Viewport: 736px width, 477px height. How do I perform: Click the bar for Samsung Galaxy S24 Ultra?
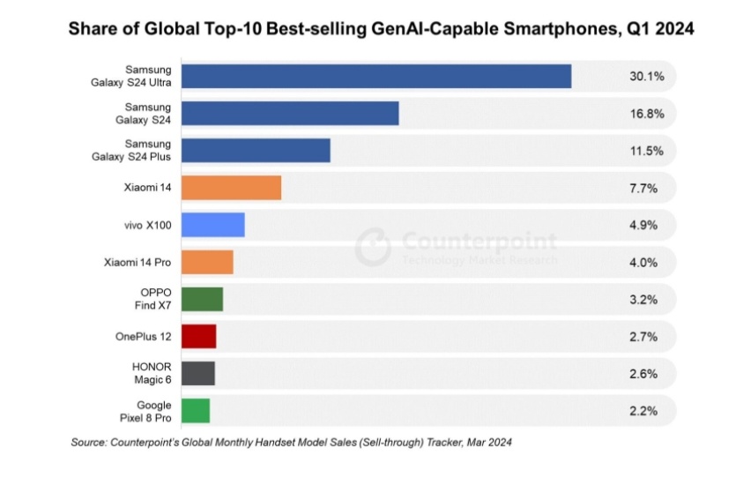375,77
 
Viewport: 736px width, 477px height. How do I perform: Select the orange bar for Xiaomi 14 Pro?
207,262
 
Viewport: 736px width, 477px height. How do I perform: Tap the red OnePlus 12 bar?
198,336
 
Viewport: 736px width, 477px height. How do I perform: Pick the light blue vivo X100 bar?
212,225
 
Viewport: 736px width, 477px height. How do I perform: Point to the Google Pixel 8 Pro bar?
196,410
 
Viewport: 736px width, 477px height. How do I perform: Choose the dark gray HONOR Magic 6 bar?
197,373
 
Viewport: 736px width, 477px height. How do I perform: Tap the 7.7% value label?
644,188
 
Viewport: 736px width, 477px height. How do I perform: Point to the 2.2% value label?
644,410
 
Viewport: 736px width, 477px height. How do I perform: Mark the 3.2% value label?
644,299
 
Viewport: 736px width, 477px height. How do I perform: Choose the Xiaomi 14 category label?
148,188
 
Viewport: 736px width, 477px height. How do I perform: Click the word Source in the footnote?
89,442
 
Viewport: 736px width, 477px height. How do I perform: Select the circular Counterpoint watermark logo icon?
373,247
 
